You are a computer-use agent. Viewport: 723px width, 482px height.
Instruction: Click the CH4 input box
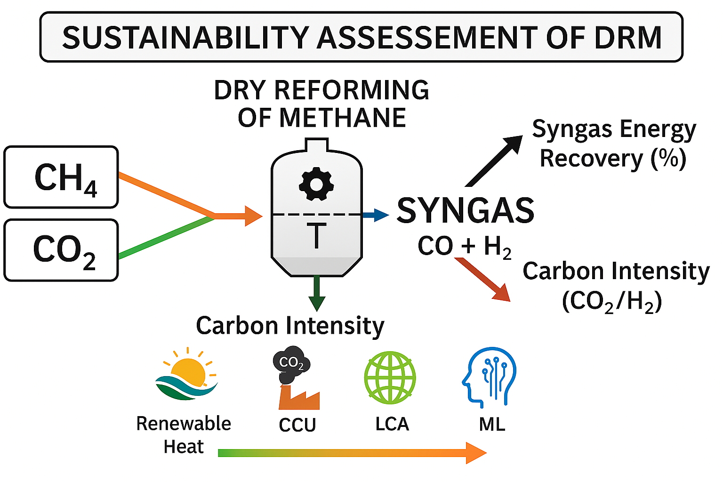(x=61, y=177)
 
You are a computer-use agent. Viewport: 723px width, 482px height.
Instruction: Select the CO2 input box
(x=61, y=250)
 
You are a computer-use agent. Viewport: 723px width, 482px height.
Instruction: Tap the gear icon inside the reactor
(x=316, y=184)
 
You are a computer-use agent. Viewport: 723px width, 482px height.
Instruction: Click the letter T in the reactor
(x=316, y=236)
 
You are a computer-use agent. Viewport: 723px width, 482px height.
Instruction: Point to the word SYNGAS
(x=465, y=210)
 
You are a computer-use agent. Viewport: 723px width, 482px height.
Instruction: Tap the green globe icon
(x=390, y=378)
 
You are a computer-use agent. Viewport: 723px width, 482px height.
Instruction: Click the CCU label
(x=297, y=425)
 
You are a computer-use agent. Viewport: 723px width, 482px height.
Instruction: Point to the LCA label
(x=392, y=424)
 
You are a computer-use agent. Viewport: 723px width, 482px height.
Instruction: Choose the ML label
(x=492, y=424)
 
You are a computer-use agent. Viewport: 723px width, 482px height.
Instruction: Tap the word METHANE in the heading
(x=343, y=118)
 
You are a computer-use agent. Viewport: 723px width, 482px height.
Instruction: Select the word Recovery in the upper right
(x=591, y=158)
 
